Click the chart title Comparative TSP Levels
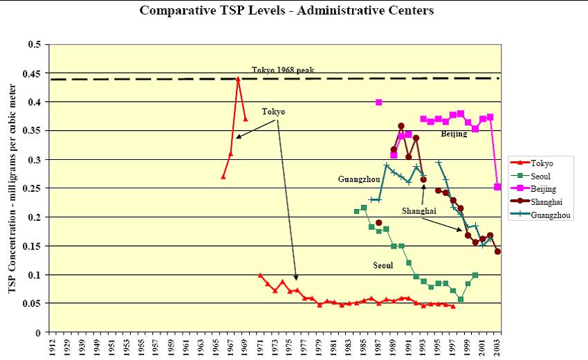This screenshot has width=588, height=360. pyautogui.click(x=287, y=10)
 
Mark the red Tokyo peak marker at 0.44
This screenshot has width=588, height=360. pyautogui.click(x=238, y=79)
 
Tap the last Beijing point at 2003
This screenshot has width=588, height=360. pyautogui.click(x=498, y=187)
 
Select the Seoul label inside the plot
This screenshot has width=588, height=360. pyautogui.click(x=383, y=265)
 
